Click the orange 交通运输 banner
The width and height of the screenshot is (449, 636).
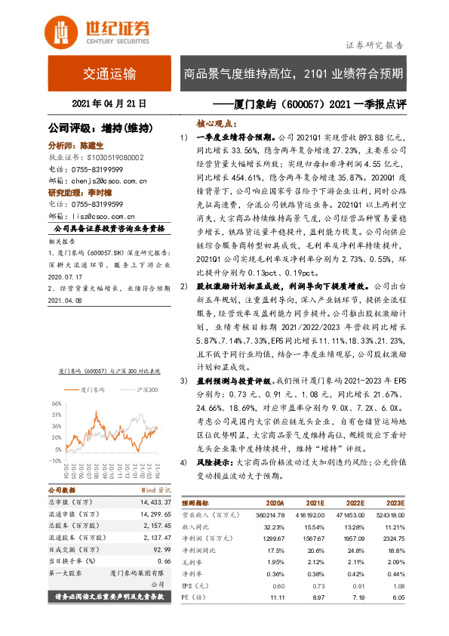coord(109,74)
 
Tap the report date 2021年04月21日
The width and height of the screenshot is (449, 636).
coord(109,103)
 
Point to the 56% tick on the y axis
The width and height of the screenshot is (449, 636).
coord(57,403)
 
